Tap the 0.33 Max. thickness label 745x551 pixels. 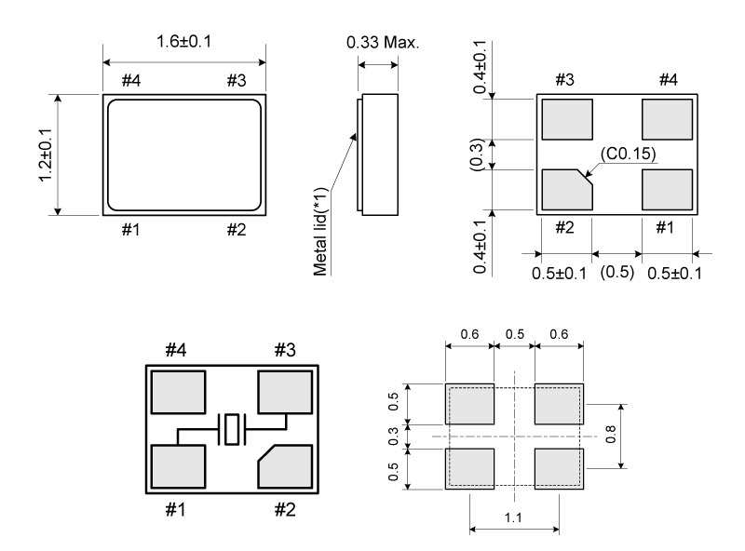pos(384,43)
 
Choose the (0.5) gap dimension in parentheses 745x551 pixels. pos(616,272)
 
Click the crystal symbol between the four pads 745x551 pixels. pos(231,430)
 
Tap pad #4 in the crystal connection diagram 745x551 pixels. pos(178,393)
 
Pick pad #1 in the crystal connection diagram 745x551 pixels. pos(178,467)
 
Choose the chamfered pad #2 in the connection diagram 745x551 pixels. pos(284,467)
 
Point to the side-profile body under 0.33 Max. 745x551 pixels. pos(379,154)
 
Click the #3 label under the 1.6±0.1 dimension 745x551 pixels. pos(237,80)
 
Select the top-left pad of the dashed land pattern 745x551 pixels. pos(469,404)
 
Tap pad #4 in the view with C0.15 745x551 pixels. pos(668,118)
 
